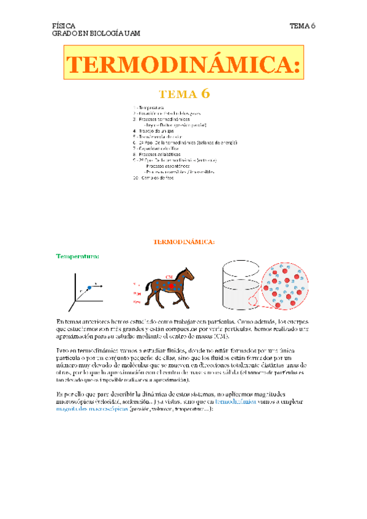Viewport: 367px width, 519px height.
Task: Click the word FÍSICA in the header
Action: (x=64, y=26)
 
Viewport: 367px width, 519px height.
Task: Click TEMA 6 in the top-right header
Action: (x=302, y=26)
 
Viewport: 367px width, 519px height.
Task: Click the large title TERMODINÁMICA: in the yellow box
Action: (x=184, y=65)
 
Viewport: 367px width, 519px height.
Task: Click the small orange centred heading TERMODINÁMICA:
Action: (x=184, y=242)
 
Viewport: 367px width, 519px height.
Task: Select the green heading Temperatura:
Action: (x=78, y=256)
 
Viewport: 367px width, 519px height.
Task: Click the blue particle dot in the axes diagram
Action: (x=90, y=286)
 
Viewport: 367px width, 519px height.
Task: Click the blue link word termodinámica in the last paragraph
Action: (x=240, y=402)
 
